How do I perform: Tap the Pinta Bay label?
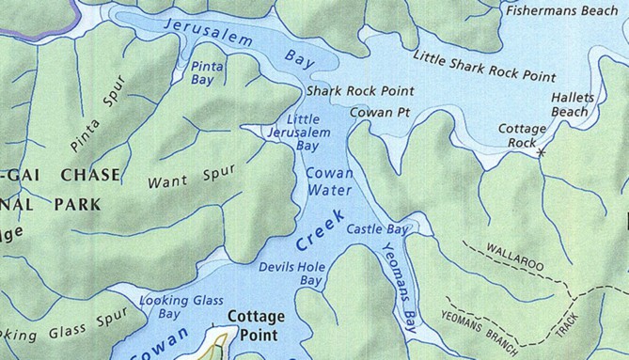(x=207, y=73)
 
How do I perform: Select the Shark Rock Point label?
(x=348, y=92)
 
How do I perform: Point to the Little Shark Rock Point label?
(x=483, y=67)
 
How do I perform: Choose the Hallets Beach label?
(x=569, y=104)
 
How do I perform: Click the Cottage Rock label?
(x=522, y=134)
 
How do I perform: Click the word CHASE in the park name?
(x=89, y=175)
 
